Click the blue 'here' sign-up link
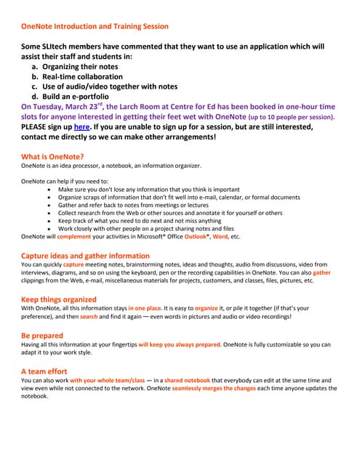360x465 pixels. [81, 126]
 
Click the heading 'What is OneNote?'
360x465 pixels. [52, 156]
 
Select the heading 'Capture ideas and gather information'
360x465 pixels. [85, 256]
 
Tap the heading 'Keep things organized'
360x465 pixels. [58, 299]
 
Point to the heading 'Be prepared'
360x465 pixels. [43, 336]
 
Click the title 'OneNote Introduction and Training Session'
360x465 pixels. [95, 26]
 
